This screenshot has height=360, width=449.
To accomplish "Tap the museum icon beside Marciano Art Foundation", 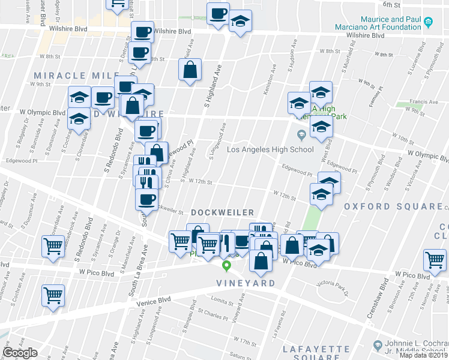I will pyautogui.click(x=428, y=23).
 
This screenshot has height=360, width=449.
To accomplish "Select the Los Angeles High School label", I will pyautogui.click(x=270, y=149).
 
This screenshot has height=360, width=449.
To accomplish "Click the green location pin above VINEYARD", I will pyautogui.click(x=227, y=266).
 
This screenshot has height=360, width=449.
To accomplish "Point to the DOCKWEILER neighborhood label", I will pyautogui.click(x=223, y=212).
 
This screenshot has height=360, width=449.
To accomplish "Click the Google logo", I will pyautogui.click(x=20, y=353).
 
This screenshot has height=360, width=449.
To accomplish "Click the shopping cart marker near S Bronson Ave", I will pyautogui.click(x=435, y=259).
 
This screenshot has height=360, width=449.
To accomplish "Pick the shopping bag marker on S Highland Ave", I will pyautogui.click(x=190, y=70).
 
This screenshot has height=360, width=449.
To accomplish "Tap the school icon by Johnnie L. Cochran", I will pyautogui.click(x=377, y=346).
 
